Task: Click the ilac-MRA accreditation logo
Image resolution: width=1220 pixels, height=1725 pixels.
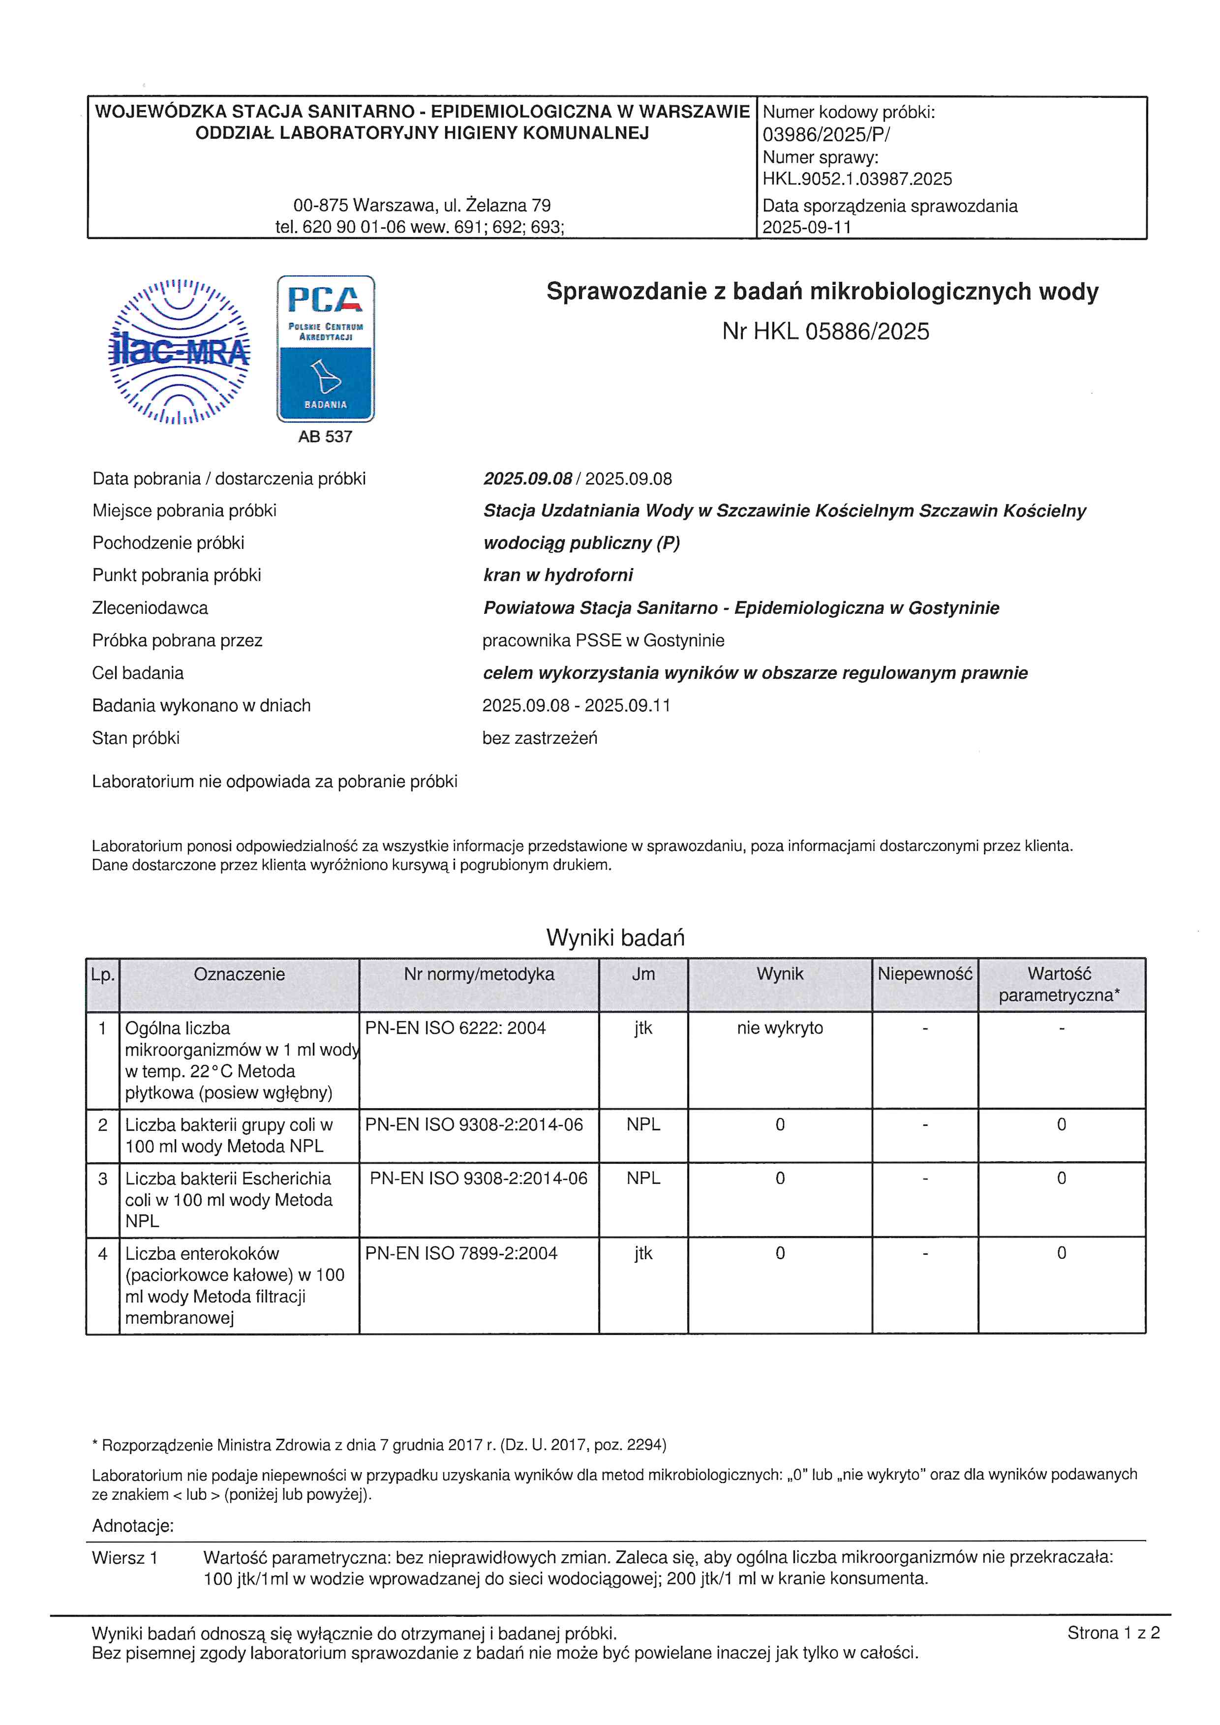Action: pyautogui.click(x=179, y=352)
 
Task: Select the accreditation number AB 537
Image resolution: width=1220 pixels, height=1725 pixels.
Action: pyautogui.click(x=325, y=436)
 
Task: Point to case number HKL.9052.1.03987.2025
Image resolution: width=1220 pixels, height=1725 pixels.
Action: pyautogui.click(x=857, y=179)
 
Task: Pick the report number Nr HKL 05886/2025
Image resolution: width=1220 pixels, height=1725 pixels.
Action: pyautogui.click(x=825, y=332)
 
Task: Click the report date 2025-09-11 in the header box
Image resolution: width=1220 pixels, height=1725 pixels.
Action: pyautogui.click(x=807, y=227)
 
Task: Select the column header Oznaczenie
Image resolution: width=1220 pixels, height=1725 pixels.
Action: pyautogui.click(x=239, y=974)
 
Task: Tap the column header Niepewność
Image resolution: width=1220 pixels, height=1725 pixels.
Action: pyautogui.click(x=925, y=974)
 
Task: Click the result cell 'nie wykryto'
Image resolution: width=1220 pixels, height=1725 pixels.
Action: pyautogui.click(x=780, y=1028)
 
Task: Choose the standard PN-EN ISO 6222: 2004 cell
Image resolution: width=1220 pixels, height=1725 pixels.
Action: pyautogui.click(x=455, y=1028)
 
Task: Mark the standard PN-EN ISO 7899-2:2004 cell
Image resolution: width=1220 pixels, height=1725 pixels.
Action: pyautogui.click(x=461, y=1253)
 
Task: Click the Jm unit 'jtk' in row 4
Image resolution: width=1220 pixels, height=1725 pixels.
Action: pyautogui.click(x=643, y=1253)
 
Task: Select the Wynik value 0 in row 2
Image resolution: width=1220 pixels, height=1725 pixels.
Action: pyautogui.click(x=780, y=1125)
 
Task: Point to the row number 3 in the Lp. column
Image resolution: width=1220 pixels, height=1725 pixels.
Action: pyautogui.click(x=103, y=1179)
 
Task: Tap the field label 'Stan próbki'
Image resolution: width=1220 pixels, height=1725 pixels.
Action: pyautogui.click(x=136, y=738)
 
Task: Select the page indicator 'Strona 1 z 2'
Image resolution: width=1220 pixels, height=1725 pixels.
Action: pyautogui.click(x=1113, y=1633)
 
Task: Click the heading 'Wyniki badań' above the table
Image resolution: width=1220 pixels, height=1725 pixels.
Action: pyautogui.click(x=615, y=938)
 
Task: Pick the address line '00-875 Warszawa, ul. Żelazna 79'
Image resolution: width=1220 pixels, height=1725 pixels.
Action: pyautogui.click(x=422, y=205)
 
